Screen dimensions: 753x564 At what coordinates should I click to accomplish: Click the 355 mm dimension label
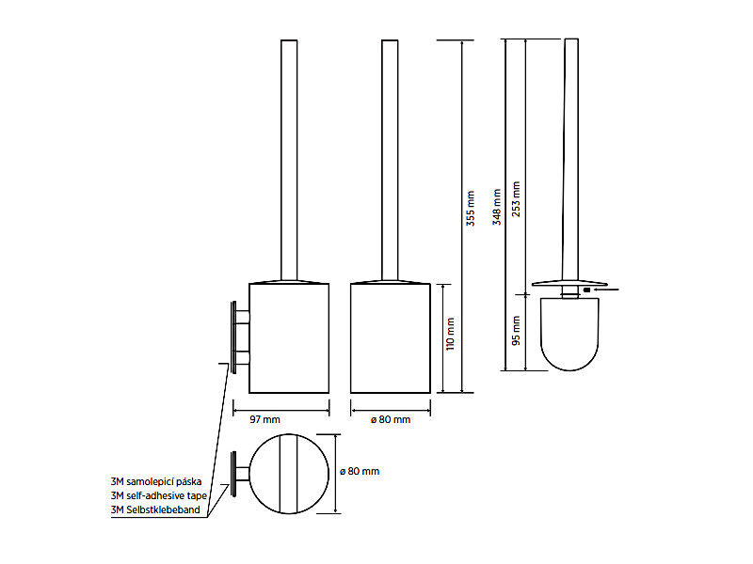[x=471, y=209]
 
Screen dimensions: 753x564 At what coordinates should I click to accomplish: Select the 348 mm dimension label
[x=497, y=207]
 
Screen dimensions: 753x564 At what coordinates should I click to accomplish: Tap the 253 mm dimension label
[x=516, y=199]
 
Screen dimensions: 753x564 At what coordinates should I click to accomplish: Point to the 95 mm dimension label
[x=516, y=331]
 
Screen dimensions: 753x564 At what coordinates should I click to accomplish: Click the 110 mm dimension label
[x=450, y=334]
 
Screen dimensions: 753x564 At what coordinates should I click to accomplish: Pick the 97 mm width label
[x=264, y=419]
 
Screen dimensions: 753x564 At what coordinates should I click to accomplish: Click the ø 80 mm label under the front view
[x=391, y=419]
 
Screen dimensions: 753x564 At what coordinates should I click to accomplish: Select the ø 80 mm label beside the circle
[x=360, y=472]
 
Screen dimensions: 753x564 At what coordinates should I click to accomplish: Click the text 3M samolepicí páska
[x=156, y=481]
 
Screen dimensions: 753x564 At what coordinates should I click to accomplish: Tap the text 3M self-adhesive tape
[x=159, y=495]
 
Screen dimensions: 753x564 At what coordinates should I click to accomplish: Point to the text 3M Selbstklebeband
[x=155, y=509]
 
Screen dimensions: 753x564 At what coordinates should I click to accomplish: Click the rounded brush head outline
[x=570, y=369]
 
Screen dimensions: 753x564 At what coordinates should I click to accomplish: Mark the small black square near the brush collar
[x=586, y=290]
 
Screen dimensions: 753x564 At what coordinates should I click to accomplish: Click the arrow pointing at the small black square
[x=605, y=290]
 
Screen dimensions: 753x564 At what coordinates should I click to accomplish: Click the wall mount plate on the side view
[x=233, y=337]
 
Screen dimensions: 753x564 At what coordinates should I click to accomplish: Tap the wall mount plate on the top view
[x=233, y=475]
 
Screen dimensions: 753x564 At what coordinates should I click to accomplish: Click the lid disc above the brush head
[x=569, y=284]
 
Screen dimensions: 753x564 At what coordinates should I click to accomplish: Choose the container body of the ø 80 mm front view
[x=391, y=338]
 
